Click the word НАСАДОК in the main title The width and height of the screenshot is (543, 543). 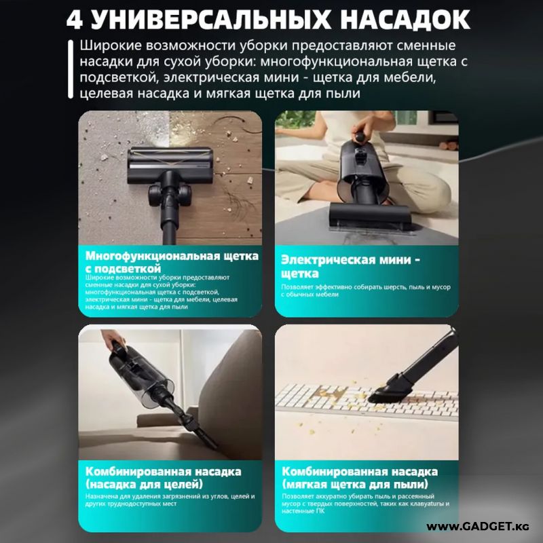405,20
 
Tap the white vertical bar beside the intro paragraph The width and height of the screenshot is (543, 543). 71,69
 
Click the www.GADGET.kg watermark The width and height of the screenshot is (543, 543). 478,527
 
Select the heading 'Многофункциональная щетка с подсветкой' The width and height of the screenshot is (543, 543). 172,262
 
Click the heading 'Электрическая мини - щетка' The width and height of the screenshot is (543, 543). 350,266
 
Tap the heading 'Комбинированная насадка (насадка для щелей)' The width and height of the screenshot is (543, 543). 163,478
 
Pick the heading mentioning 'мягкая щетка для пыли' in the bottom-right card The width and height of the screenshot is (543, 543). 360,478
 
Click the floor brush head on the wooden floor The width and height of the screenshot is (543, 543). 170,166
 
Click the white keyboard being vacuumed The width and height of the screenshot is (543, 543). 367,402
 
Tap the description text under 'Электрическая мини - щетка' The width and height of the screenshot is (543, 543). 366,291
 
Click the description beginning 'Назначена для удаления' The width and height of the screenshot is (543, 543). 170,500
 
